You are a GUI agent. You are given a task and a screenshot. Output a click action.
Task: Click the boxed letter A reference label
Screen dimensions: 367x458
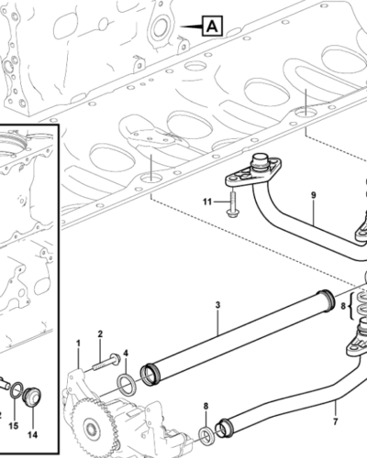(212, 27)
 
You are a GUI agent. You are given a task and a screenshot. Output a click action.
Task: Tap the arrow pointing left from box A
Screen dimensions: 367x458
(191, 27)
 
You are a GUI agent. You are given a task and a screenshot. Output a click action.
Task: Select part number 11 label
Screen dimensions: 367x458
(207, 202)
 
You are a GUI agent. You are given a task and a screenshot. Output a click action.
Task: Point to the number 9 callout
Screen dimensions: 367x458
(314, 195)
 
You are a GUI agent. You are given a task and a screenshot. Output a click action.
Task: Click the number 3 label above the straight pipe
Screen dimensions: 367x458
(217, 305)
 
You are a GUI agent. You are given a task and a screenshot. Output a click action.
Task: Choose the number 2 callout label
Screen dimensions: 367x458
(100, 334)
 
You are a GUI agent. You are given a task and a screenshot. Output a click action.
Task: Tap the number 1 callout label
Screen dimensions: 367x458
(78, 343)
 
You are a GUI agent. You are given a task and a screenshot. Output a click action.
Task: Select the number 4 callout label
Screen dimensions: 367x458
(126, 354)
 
